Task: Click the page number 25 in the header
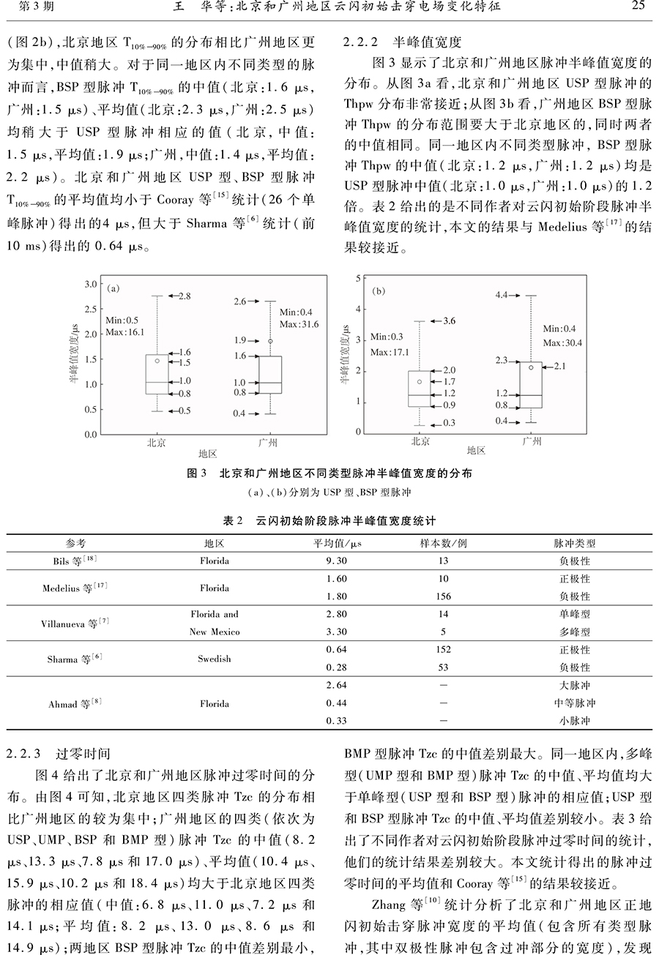click(x=636, y=8)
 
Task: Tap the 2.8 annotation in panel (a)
click(x=185, y=296)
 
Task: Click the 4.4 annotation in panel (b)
click(x=502, y=296)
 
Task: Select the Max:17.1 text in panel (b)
click(x=390, y=352)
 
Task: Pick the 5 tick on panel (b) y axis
click(x=358, y=279)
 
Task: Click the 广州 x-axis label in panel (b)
click(x=532, y=441)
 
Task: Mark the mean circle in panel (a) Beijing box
click(x=157, y=360)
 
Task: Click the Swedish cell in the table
click(x=214, y=659)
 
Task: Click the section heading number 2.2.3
click(x=26, y=752)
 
